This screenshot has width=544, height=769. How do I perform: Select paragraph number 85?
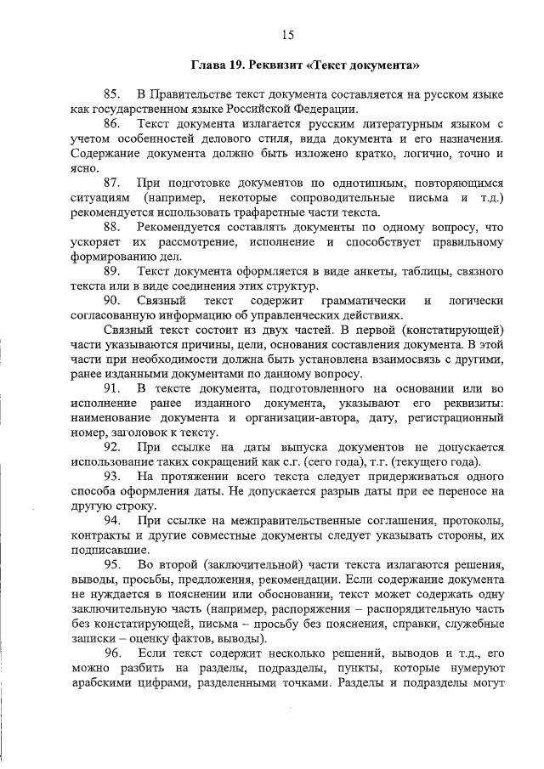click(x=112, y=93)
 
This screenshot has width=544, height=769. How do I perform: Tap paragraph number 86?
click(x=112, y=123)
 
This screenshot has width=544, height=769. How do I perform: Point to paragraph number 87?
click(x=112, y=183)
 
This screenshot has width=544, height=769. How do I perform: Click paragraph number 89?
click(x=112, y=271)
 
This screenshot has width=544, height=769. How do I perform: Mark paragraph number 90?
click(x=112, y=301)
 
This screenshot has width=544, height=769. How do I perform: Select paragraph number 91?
click(x=112, y=389)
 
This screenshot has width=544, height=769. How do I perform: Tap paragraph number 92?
click(x=112, y=448)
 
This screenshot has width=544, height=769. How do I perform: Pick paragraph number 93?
click(x=112, y=477)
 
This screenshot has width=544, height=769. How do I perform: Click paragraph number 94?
click(x=112, y=521)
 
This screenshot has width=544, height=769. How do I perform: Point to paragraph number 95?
click(x=112, y=566)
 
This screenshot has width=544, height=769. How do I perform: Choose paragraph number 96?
click(x=112, y=653)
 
